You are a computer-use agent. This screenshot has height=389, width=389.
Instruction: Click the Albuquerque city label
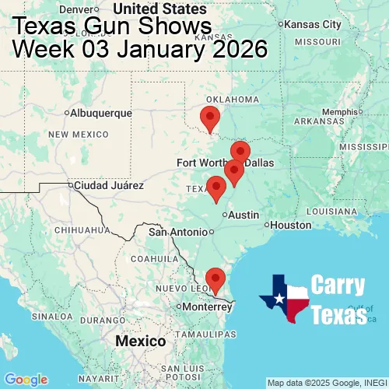pyautogui.click(x=100, y=114)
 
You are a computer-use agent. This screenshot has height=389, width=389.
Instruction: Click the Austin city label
pyautogui.click(x=244, y=215)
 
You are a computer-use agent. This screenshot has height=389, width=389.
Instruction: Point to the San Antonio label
pyautogui.click(x=180, y=232)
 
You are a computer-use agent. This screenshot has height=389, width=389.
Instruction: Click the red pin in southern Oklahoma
pyautogui.click(x=210, y=118)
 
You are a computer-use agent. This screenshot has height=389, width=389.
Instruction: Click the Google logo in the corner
pyautogui.click(x=25, y=379)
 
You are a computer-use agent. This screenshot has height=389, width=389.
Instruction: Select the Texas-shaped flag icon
pyautogui.click(x=286, y=299)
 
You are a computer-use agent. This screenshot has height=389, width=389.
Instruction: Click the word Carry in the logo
pyautogui.click(x=338, y=285)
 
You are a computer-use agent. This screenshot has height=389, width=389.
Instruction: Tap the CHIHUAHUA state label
pyautogui.click(x=88, y=230)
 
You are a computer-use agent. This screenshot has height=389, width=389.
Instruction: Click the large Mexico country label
pyautogui.click(x=140, y=342)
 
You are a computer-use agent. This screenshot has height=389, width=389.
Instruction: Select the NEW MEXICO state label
pyautogui.click(x=77, y=135)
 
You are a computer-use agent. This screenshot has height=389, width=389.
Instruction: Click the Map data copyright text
pyautogui.click(x=327, y=383)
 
